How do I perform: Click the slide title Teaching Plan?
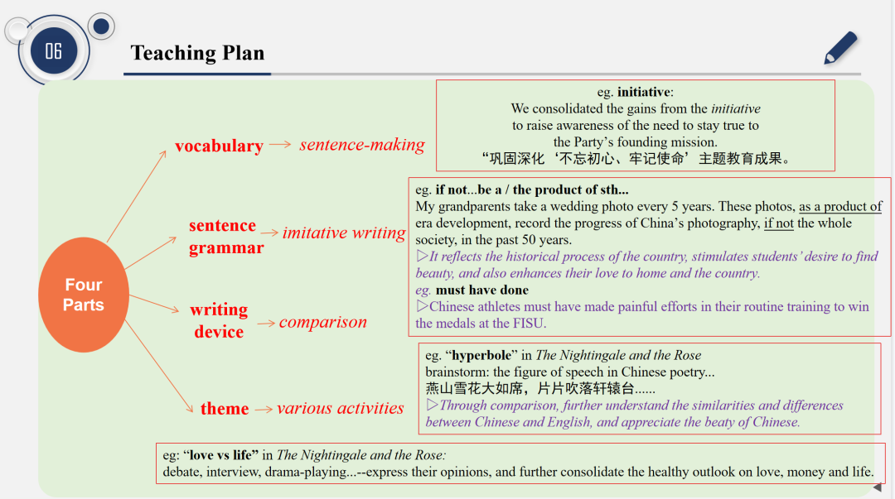[x=197, y=53]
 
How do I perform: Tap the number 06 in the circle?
[x=54, y=51]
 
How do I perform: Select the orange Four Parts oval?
[x=84, y=295]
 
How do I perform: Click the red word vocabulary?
[x=219, y=146]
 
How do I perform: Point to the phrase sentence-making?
[x=362, y=145]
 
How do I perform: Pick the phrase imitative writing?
[x=344, y=233]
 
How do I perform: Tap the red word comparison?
[x=322, y=322]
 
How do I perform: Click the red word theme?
[x=224, y=409]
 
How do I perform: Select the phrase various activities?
[x=340, y=408]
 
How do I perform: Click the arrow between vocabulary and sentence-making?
[x=280, y=145]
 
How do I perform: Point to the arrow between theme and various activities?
[x=264, y=410]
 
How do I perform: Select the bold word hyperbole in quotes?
[x=481, y=356]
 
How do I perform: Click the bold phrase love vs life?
[x=224, y=455]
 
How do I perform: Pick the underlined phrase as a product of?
[x=840, y=207]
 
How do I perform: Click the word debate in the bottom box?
[x=181, y=472]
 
